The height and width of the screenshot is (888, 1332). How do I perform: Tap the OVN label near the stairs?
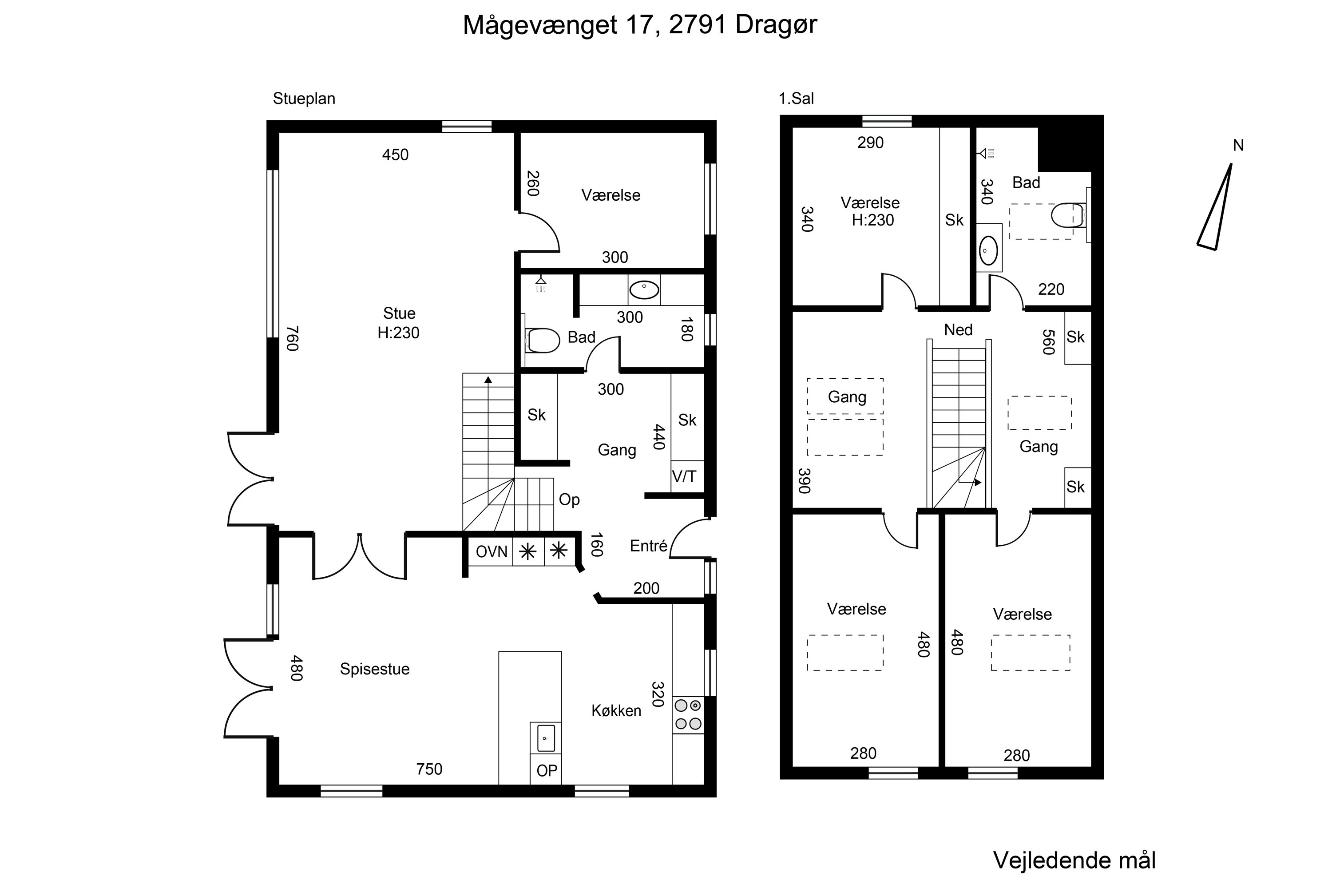pos(491,551)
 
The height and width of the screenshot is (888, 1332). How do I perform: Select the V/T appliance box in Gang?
pos(685,476)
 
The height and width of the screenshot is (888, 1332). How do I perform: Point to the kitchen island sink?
pos(545,738)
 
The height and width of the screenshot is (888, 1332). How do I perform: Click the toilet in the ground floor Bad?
pos(543,341)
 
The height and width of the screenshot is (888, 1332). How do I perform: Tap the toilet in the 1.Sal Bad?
pos(1066,216)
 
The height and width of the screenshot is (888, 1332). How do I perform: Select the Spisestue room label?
pos(374,669)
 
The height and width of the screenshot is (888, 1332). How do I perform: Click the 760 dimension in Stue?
pos(292,338)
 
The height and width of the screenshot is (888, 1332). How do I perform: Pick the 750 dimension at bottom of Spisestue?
pos(429,769)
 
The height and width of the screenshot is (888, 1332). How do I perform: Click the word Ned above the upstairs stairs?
pos(958,329)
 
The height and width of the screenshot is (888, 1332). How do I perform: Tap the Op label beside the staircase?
pos(569,499)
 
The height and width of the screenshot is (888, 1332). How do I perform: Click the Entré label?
pos(648,546)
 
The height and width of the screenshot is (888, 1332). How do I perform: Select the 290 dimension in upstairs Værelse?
pos(870,143)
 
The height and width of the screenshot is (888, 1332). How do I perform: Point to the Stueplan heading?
pos(304,99)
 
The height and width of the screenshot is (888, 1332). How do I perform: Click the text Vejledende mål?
pos(1074,860)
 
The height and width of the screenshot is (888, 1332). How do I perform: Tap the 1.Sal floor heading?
pos(796,99)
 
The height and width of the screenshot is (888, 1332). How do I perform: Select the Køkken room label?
pos(616,711)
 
